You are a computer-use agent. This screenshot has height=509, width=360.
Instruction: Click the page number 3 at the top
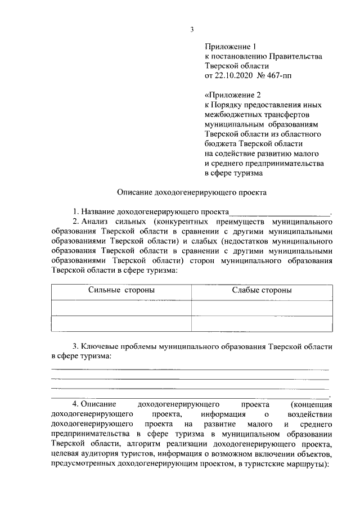[192, 30]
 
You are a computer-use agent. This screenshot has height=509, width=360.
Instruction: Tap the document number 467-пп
[278, 74]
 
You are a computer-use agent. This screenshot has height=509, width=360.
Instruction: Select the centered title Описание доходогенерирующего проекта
[192, 192]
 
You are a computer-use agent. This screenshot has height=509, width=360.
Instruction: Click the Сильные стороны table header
[121, 290]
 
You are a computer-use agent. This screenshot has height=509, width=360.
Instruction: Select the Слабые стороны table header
[262, 290]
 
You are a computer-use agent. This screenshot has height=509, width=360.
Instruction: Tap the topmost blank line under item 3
[190, 369]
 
